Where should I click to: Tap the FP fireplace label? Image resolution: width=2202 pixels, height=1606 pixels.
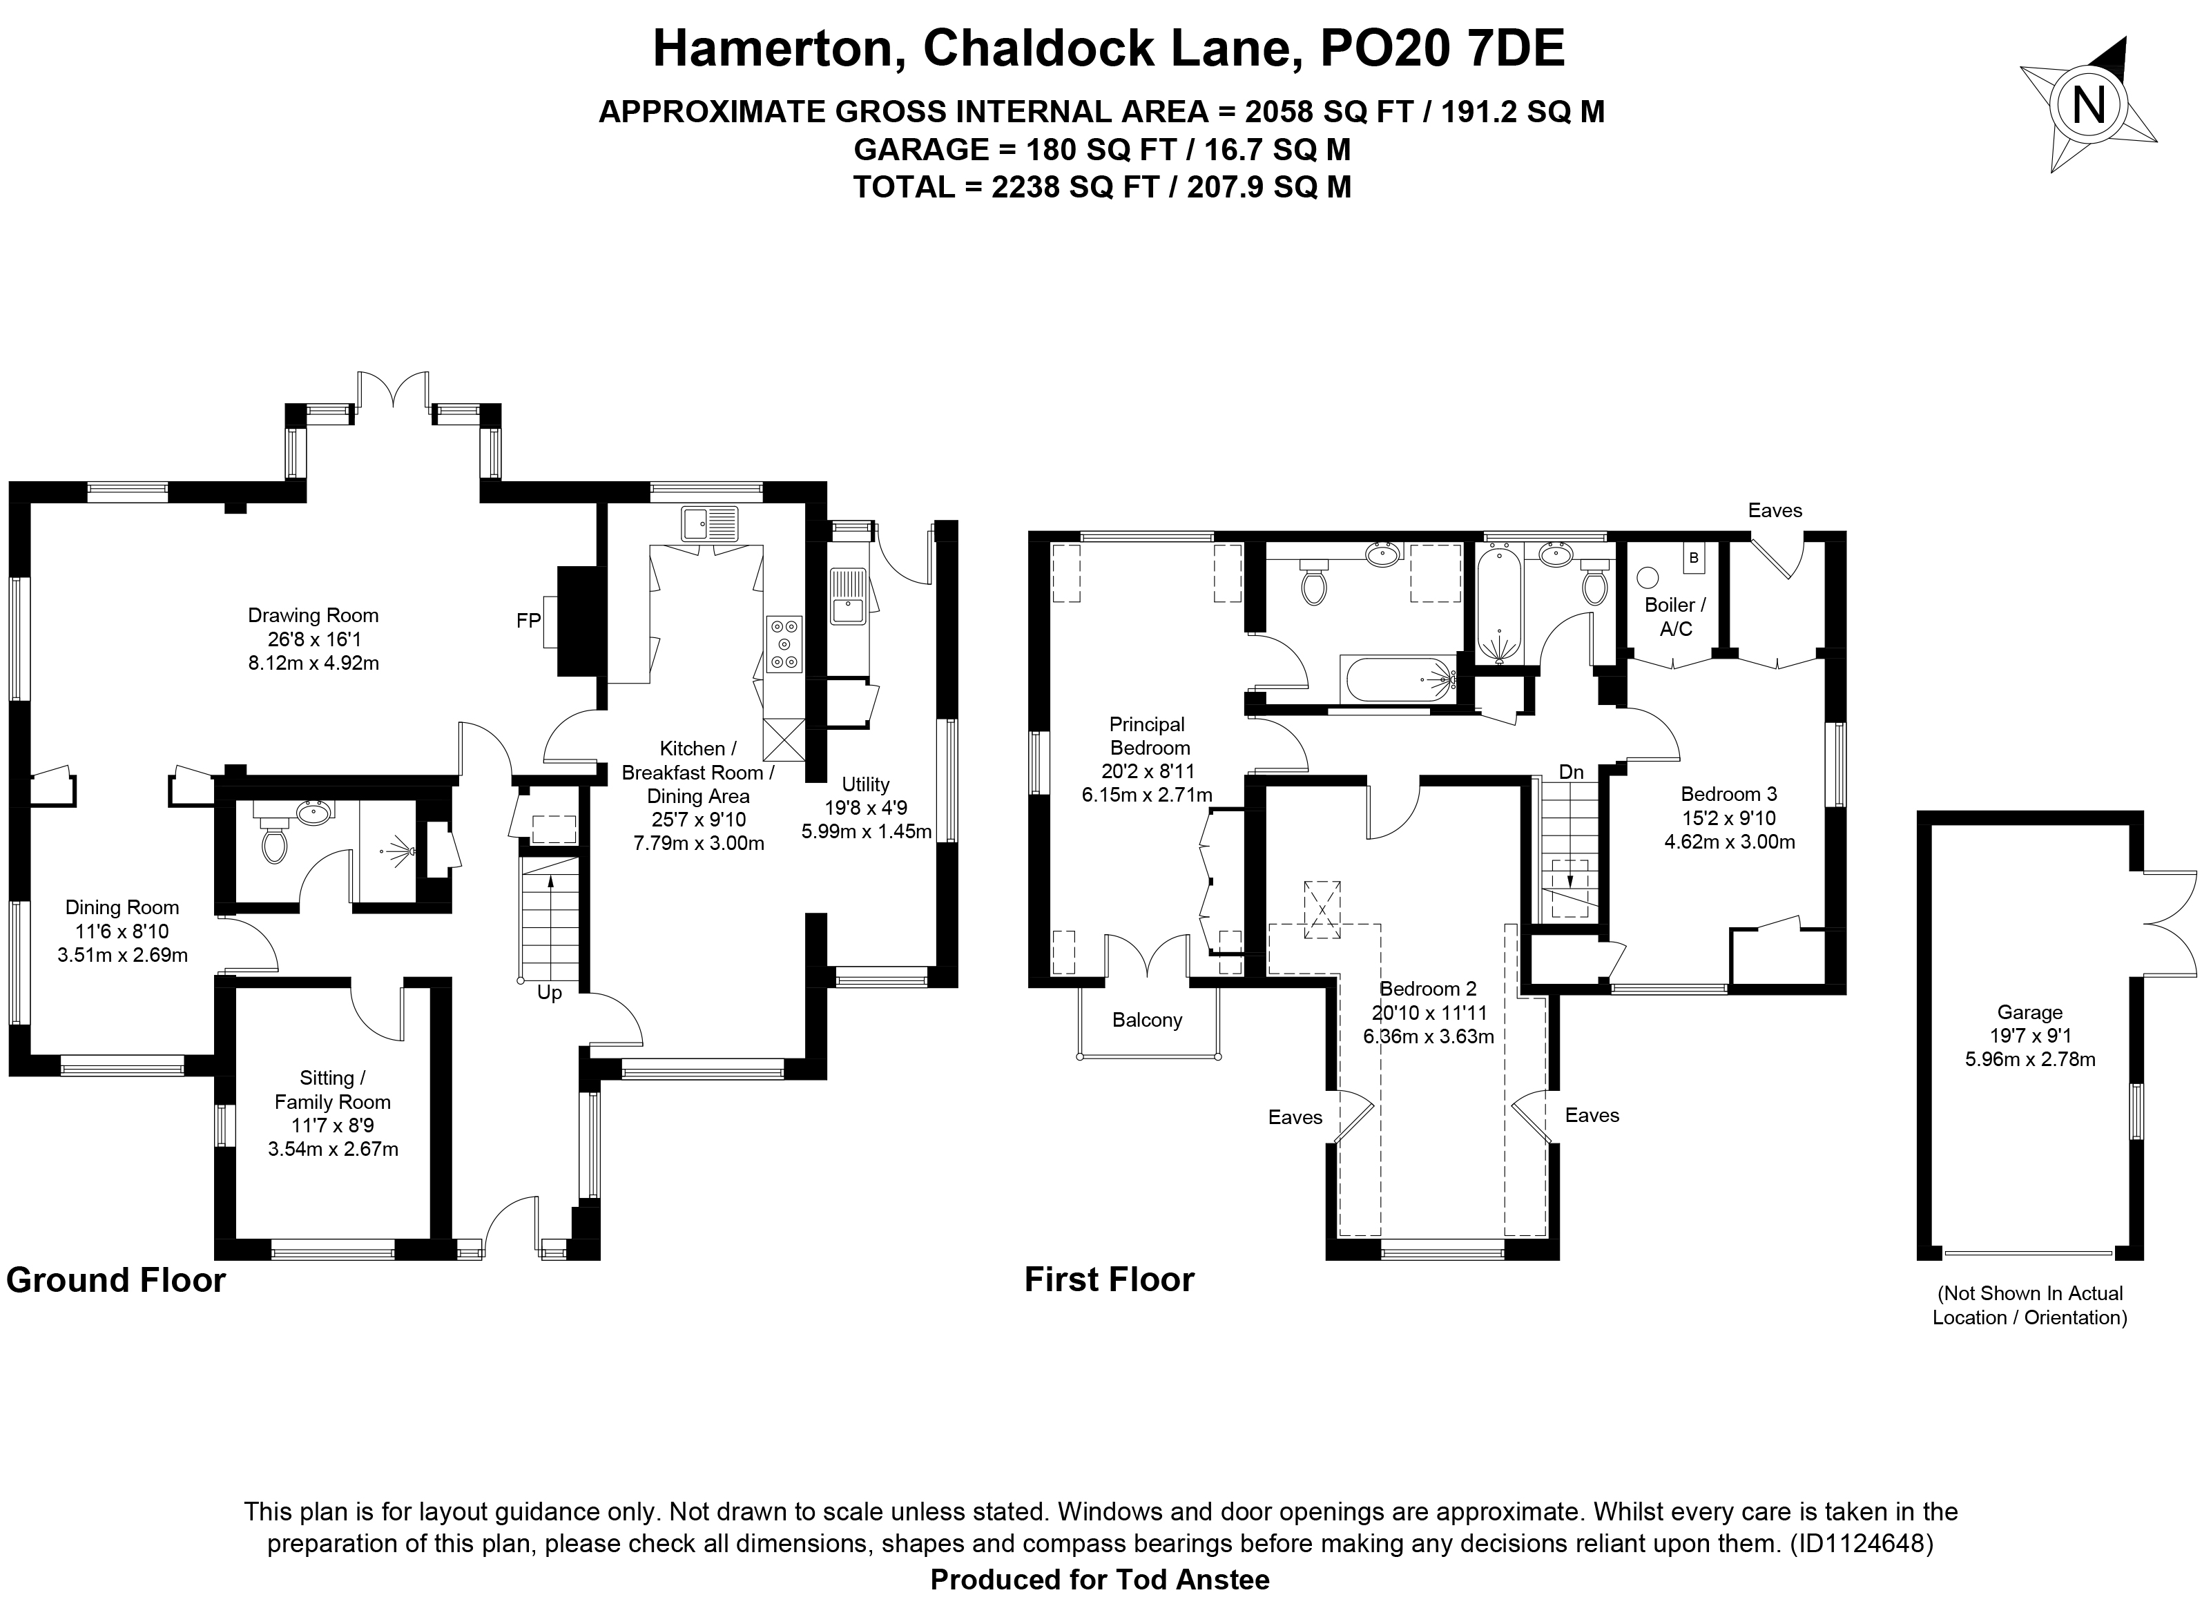[528, 620]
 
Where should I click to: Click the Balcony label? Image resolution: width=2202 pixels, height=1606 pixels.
[1147, 1020]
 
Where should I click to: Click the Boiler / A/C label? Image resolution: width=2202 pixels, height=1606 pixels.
[1675, 617]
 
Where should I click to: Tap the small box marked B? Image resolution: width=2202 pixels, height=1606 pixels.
[1694, 558]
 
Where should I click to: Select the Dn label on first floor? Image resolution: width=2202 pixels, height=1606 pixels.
[1571, 772]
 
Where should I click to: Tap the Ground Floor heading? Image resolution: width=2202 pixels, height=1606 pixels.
[116, 1280]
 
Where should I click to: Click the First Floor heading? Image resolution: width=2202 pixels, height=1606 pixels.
[1109, 1279]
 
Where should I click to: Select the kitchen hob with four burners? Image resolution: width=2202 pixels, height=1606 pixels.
[784, 644]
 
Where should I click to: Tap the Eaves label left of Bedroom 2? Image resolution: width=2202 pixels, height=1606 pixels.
[1295, 1118]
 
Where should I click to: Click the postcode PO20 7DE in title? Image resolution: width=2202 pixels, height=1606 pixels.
[1442, 48]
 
